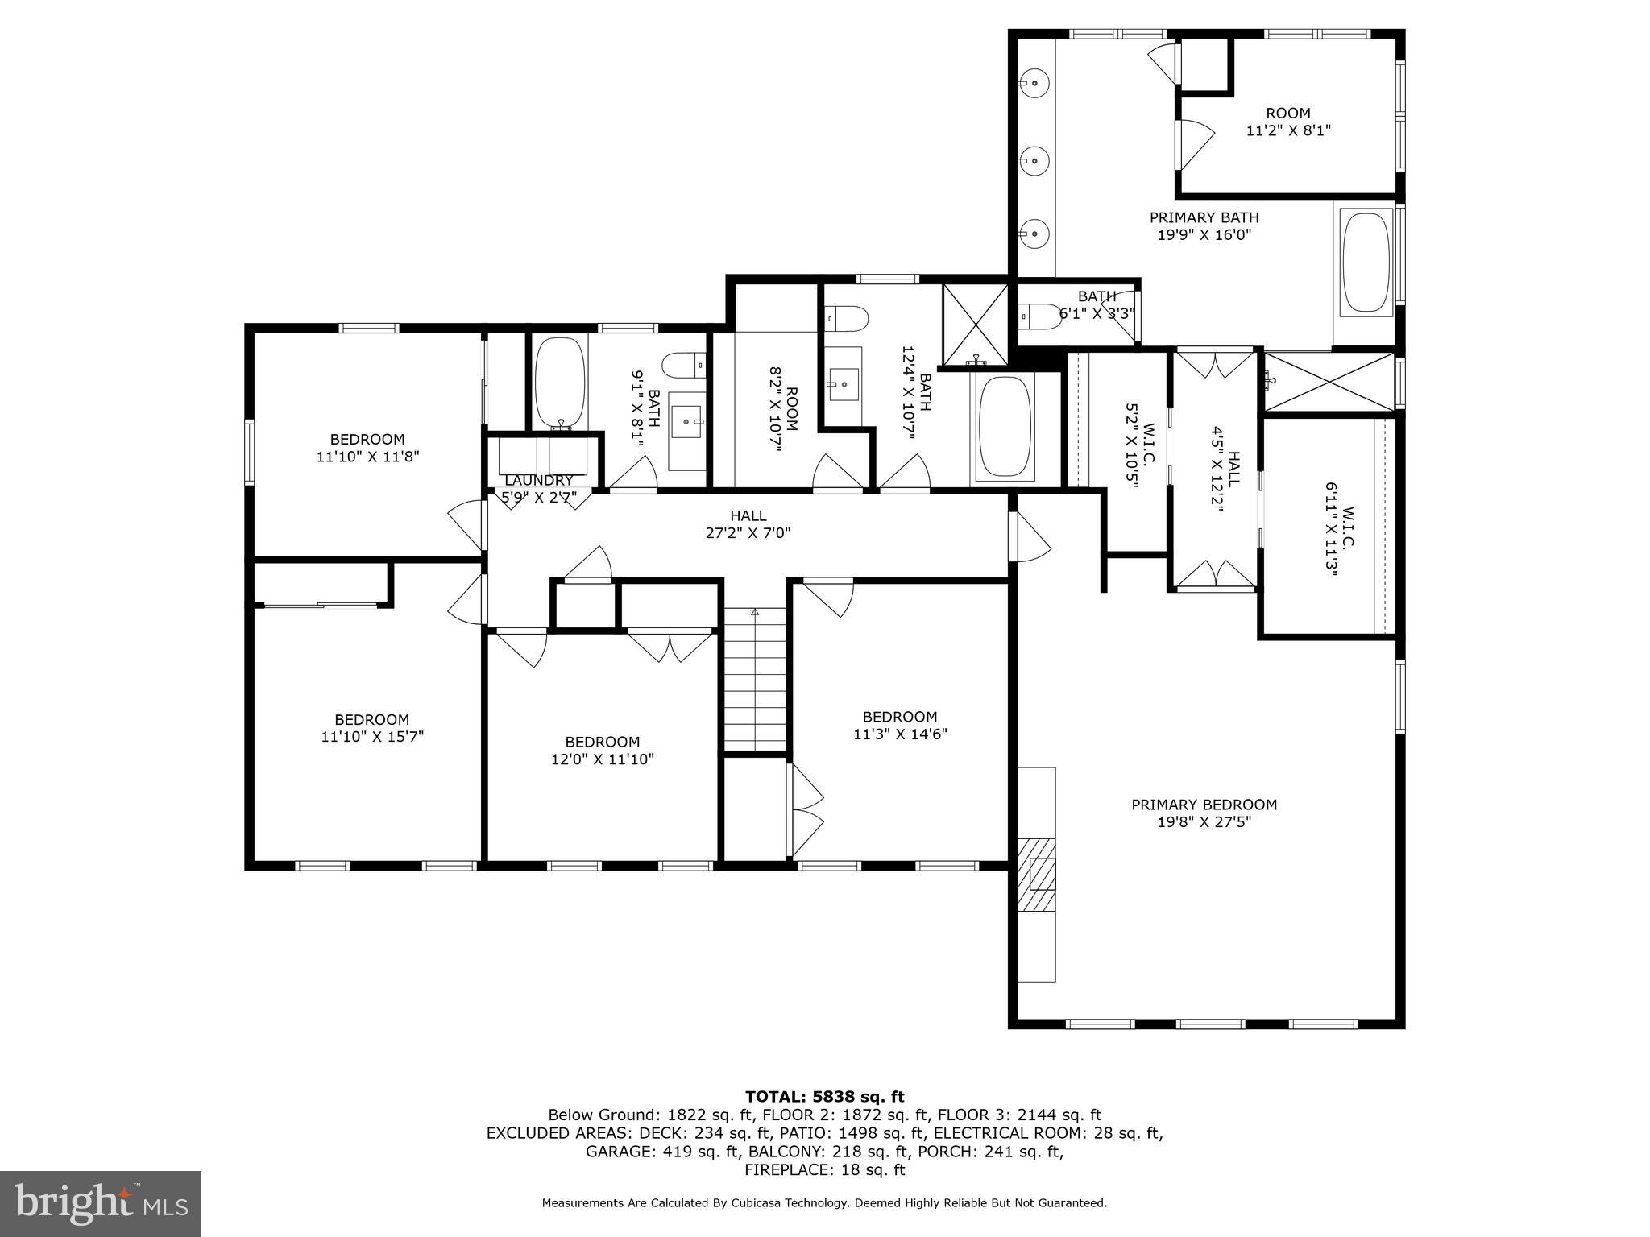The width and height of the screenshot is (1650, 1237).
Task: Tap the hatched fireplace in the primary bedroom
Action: [x=1037, y=875]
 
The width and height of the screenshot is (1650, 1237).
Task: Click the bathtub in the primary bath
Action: [x=1366, y=262]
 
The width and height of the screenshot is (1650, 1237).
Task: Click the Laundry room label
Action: [x=538, y=481]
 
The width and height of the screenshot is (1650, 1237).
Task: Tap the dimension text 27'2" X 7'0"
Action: [x=748, y=533]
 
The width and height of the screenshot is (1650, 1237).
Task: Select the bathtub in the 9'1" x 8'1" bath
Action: [x=560, y=383]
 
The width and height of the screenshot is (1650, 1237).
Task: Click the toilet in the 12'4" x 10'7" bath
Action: [x=847, y=320]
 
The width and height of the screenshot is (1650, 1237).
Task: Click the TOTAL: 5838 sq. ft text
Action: [x=824, y=1097]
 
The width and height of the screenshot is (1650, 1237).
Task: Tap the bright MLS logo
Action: [x=101, y=1204]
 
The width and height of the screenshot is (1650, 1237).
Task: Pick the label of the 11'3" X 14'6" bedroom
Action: [x=899, y=725]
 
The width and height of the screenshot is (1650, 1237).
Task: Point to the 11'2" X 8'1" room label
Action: [x=1287, y=122]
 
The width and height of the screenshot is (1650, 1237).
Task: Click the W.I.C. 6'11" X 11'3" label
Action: [x=1341, y=538]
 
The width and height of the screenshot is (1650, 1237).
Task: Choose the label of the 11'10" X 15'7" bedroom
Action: [x=371, y=728]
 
